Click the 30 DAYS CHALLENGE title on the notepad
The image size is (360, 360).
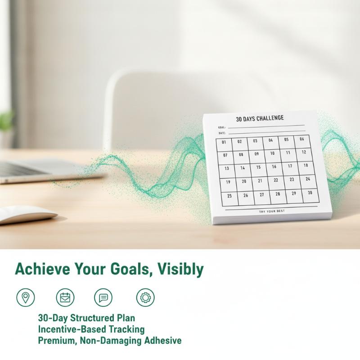click(x=260, y=118)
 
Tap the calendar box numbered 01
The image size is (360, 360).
click(x=224, y=145)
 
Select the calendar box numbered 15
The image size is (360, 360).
click(x=259, y=170)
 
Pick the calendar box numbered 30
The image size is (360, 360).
click(x=310, y=196)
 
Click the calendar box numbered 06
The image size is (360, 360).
click(x=302, y=142)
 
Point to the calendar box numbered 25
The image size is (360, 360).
click(x=230, y=199)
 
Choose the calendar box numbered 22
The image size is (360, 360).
click(x=276, y=183)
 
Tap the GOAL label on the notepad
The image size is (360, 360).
click(x=222, y=127)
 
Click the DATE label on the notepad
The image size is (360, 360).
click(x=222, y=133)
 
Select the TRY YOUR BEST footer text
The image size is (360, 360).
click(x=272, y=211)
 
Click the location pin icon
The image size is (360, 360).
click(x=26, y=297)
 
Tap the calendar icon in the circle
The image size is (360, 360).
click(x=65, y=297)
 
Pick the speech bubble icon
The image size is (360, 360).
click(x=103, y=297)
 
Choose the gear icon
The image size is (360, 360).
click(x=145, y=297)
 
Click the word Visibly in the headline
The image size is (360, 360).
click(x=181, y=269)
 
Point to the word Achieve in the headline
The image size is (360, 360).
click(x=42, y=269)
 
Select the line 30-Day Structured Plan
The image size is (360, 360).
click(x=86, y=318)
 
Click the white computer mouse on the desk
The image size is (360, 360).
click(x=27, y=215)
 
